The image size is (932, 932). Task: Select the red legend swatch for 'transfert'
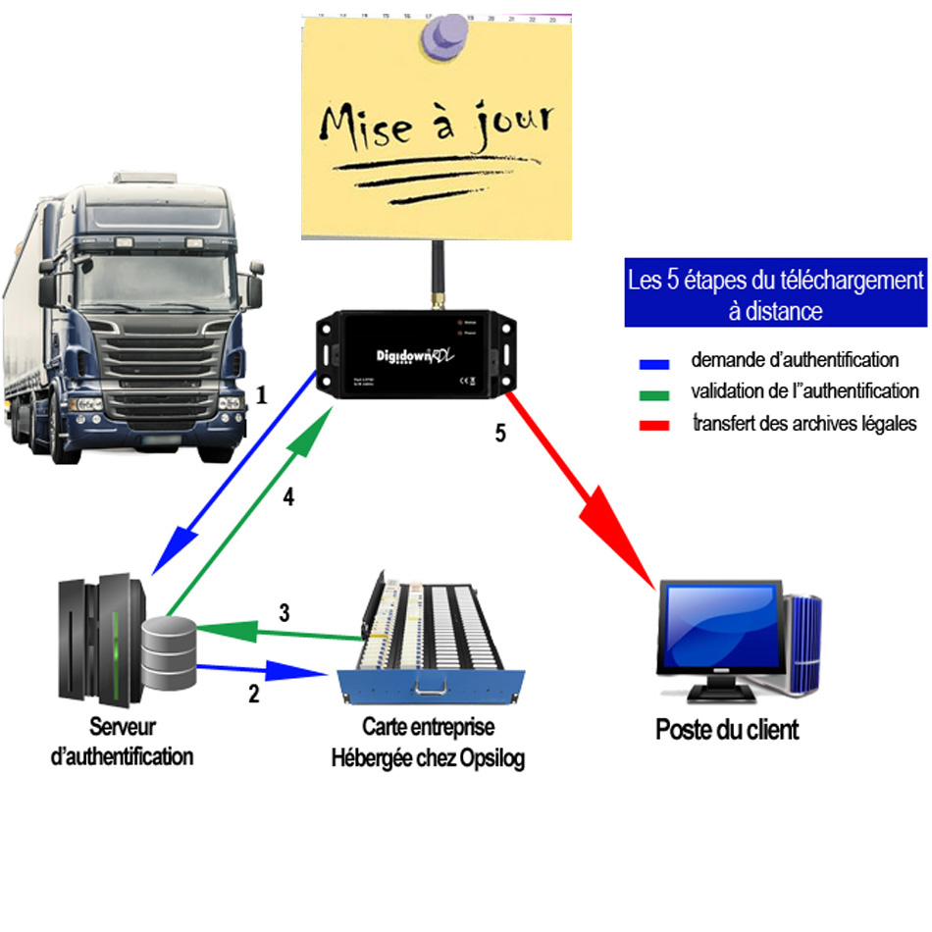653,426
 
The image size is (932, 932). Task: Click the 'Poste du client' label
727,730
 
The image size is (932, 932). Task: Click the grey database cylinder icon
169,651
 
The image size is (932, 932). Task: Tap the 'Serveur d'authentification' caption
122,742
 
